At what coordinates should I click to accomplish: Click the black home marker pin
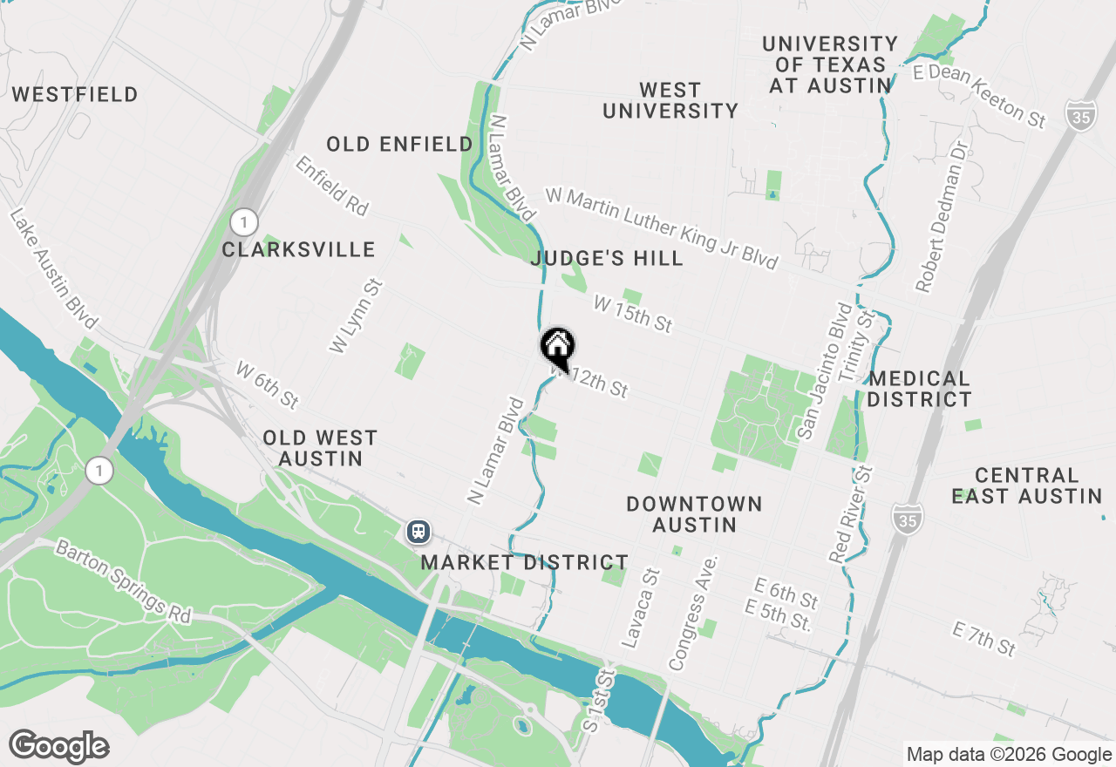[x=558, y=348]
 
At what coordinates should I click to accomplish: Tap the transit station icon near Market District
[x=418, y=531]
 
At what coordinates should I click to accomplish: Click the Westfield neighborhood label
[x=75, y=94]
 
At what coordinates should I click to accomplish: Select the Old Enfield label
[x=400, y=144]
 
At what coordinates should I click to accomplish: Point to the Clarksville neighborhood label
[x=298, y=250]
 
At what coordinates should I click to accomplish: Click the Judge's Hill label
[x=607, y=259]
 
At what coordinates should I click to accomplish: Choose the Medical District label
[x=920, y=389]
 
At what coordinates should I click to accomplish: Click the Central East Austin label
[x=1027, y=485]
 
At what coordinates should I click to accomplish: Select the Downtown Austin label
[x=695, y=514]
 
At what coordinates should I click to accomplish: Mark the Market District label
[x=525, y=563]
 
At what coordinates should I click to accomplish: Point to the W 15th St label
[x=633, y=314]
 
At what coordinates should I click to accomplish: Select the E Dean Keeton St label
[x=979, y=97]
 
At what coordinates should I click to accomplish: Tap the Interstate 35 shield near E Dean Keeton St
[x=1081, y=115]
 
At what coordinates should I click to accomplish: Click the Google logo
[x=59, y=747]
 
